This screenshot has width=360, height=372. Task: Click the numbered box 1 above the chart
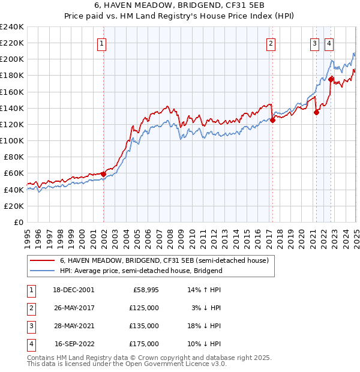point(102,43)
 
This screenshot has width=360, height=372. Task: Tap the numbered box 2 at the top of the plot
point(271,43)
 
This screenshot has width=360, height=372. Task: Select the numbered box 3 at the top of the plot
point(314,43)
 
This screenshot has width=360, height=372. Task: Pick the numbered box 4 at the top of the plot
point(329,43)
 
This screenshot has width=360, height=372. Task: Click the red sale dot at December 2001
point(103,174)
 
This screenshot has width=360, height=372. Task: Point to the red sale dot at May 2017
point(272,120)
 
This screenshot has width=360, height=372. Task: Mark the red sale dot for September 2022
point(331,79)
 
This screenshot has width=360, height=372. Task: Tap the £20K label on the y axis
point(14,206)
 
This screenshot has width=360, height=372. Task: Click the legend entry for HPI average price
point(141,271)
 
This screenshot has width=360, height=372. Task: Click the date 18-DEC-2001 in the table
point(74,290)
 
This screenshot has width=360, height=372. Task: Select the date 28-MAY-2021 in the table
point(74,326)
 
